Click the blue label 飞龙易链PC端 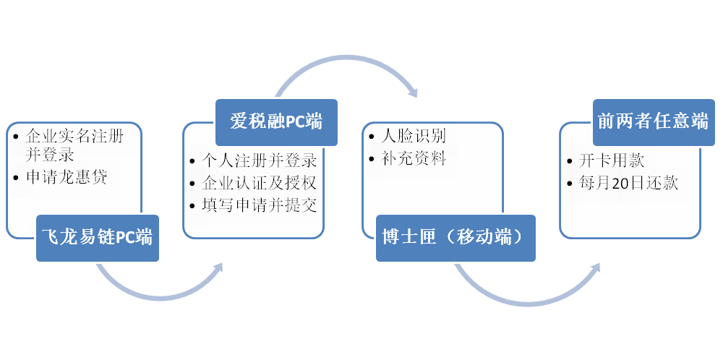(x=98, y=238)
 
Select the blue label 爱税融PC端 (x=277, y=122)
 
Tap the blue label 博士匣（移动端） (x=455, y=238)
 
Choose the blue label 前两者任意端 (x=654, y=122)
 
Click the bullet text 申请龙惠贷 (x=67, y=177)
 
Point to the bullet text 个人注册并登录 (x=259, y=161)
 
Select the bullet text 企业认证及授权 (x=259, y=183)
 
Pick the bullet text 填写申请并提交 (x=259, y=205)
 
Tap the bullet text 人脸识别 (x=413, y=136)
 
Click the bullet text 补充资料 (x=413, y=158)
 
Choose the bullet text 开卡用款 (x=612, y=161)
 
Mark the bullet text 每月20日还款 (x=628, y=183)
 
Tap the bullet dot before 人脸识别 (x=372, y=137)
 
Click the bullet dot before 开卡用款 (x=570, y=161)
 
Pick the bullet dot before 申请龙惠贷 (x=17, y=178)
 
